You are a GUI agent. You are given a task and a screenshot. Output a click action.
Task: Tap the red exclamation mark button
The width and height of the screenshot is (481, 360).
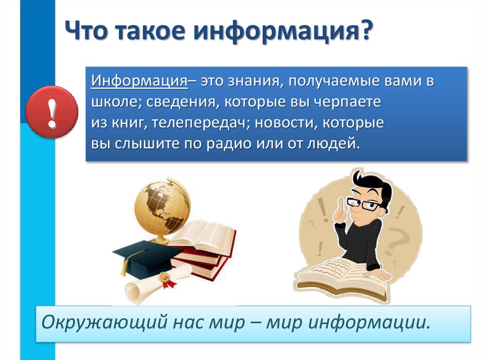52,113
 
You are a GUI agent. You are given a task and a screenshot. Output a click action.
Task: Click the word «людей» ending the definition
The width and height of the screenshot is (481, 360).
333,143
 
